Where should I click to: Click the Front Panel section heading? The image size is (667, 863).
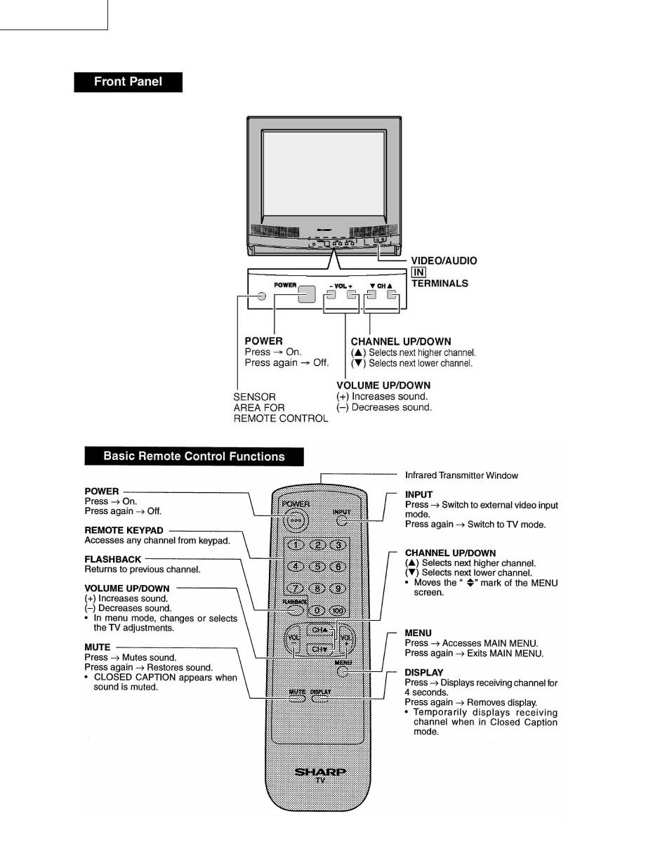pyautogui.click(x=128, y=81)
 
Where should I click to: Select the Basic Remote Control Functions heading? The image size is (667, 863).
pyautogui.click(x=194, y=456)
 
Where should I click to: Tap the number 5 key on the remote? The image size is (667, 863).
pyautogui.click(x=317, y=567)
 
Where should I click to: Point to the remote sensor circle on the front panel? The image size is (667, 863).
pyautogui.click(x=260, y=296)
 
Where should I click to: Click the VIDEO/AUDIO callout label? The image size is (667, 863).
pyautogui.click(x=444, y=261)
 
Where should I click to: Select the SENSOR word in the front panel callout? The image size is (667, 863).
pyautogui.click(x=254, y=397)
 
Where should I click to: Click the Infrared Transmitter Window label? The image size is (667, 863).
pyautogui.click(x=461, y=475)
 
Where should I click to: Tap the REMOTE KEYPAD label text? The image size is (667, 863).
pyautogui.click(x=124, y=531)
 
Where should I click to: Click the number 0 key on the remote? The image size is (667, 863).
pyautogui.click(x=317, y=610)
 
